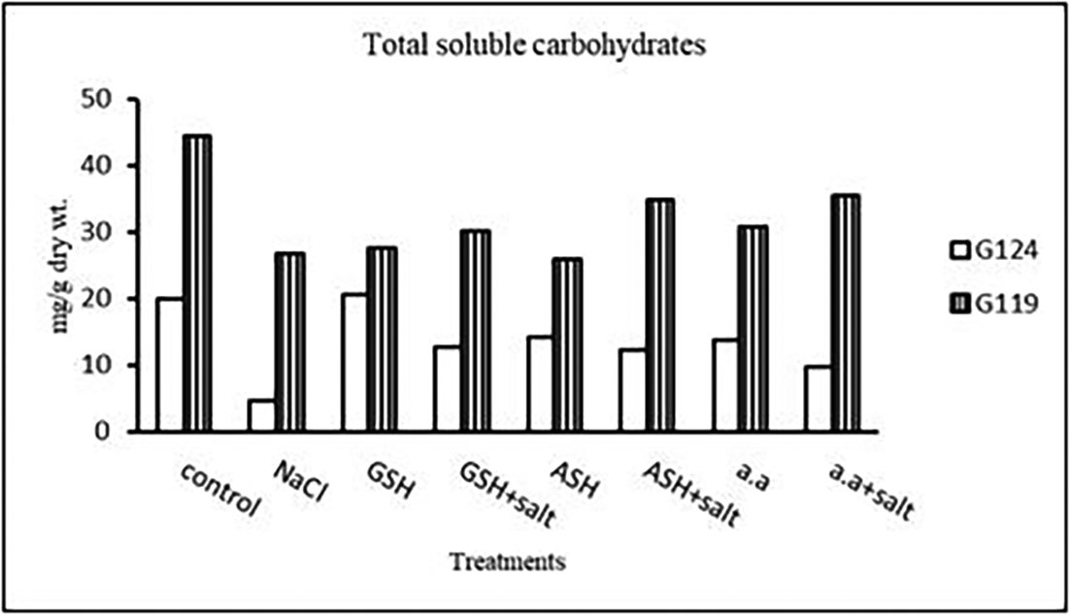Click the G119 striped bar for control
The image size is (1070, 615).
tap(197, 283)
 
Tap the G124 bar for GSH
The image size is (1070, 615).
tap(355, 363)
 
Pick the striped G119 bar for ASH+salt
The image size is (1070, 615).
tap(660, 315)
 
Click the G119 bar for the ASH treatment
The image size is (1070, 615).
tap(568, 344)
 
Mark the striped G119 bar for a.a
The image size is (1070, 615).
tap(752, 329)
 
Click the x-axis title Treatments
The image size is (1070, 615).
tap(508, 561)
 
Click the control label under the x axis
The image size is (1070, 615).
tap(222, 490)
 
